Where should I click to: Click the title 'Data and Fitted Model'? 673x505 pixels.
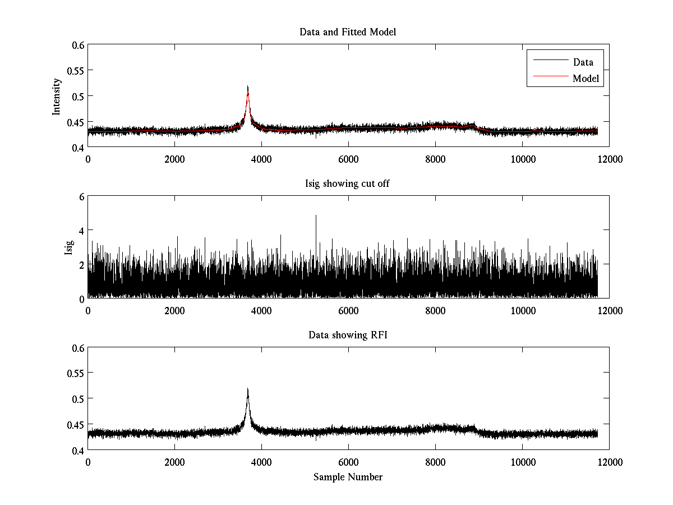point(348,32)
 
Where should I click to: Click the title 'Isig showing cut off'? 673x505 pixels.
point(348,183)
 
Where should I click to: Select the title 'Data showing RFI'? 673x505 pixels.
point(348,335)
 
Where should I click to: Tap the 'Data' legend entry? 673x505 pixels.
point(583,62)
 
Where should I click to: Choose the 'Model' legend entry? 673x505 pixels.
point(586,79)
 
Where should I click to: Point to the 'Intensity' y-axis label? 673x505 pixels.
point(56,96)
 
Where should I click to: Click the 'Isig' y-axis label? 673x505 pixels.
point(68,247)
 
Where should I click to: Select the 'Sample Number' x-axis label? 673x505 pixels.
point(348,477)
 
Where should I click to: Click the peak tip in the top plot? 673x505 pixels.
point(247,86)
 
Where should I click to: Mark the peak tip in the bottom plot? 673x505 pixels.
point(247,388)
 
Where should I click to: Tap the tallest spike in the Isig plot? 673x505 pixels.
point(316,215)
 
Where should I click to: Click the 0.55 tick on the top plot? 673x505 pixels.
point(76,70)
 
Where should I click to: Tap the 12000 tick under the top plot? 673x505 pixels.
point(609,159)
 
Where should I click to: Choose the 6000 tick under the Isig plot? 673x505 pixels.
point(348,311)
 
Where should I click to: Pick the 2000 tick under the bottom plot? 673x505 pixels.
point(174,462)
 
